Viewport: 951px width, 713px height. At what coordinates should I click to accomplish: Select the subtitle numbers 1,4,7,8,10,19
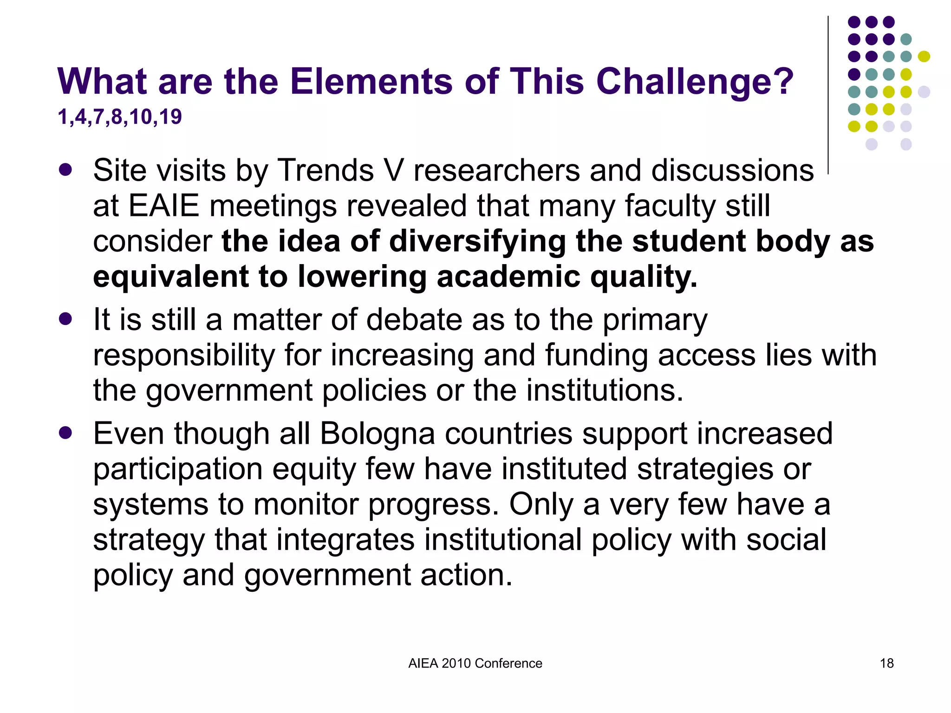click(119, 117)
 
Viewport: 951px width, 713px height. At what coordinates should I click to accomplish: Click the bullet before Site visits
click(65, 169)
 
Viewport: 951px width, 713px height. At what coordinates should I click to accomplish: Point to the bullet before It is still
click(65, 319)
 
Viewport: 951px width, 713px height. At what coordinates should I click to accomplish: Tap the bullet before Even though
click(65, 433)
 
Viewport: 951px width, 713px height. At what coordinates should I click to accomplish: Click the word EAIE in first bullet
click(163, 206)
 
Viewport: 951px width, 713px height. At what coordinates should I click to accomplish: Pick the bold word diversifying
click(477, 241)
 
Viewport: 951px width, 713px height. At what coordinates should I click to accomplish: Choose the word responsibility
click(184, 355)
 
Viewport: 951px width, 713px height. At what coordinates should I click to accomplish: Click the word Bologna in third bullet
click(377, 434)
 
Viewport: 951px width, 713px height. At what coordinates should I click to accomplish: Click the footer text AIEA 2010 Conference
click(475, 663)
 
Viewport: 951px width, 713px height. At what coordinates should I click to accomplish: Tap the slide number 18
click(886, 663)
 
